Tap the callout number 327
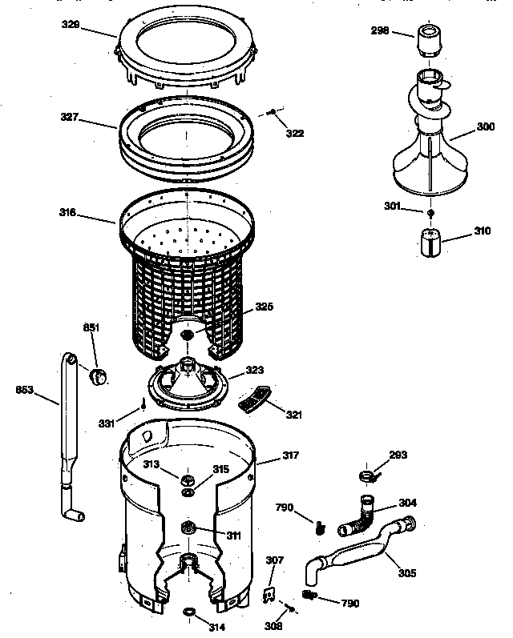(70, 117)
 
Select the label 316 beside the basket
(67, 213)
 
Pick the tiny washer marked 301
(431, 213)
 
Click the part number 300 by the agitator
(485, 126)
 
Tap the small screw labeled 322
(275, 112)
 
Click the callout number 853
(25, 391)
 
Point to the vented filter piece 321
(255, 399)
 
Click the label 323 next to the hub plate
(254, 371)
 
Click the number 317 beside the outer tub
(289, 455)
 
